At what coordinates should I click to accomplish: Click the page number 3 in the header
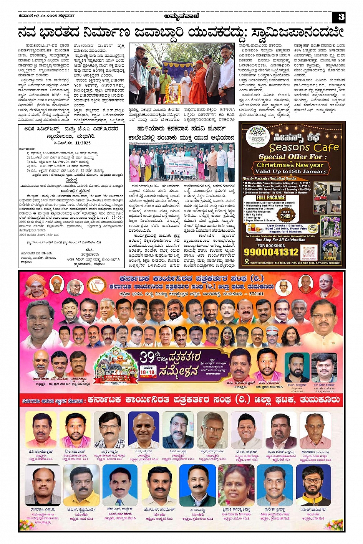[x=341, y=17]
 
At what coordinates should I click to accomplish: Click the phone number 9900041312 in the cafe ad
[x=271, y=252]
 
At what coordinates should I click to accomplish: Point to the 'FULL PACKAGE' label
[x=271, y=198]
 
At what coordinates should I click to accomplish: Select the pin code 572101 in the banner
[x=255, y=294]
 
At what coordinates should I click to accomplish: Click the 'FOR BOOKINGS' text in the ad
[x=271, y=245]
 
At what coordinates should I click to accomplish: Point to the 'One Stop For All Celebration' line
[x=280, y=240]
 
